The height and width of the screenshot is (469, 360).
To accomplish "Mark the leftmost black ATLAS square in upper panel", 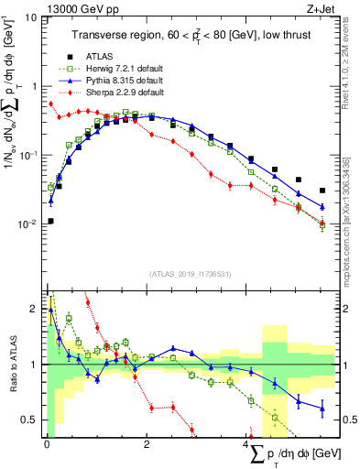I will pos(50,221).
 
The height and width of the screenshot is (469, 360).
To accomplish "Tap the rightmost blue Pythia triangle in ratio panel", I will pos(322,409).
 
